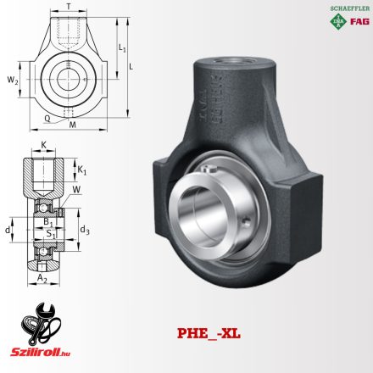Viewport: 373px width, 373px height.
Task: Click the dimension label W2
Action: coord(11,80)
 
